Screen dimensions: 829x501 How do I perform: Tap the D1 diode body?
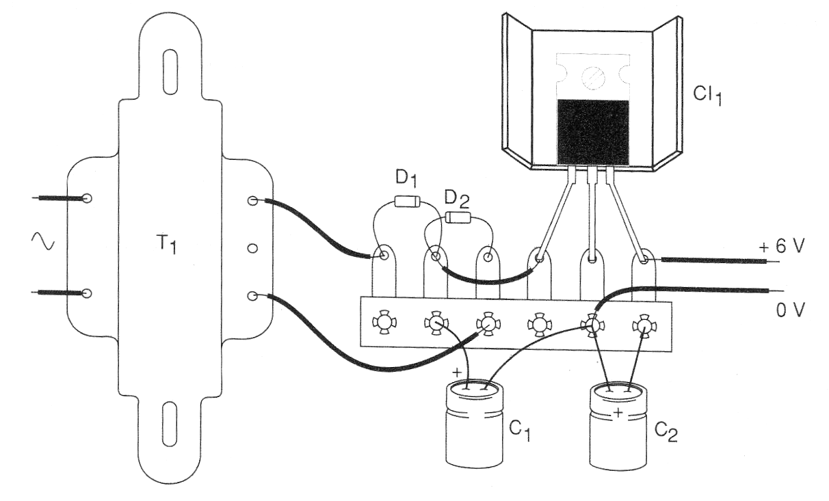tap(408, 202)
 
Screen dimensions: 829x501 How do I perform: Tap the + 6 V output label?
tap(782, 246)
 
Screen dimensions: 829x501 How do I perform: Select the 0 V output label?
tap(791, 310)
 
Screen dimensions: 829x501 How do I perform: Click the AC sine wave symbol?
tap(43, 241)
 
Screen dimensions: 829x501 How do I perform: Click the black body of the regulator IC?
tap(593, 132)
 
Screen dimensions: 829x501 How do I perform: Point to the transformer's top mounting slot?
tap(170, 71)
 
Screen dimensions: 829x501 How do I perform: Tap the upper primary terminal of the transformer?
tap(87, 198)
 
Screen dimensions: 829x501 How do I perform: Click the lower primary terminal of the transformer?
tap(87, 294)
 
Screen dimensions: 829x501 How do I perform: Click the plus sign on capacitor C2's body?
tap(618, 413)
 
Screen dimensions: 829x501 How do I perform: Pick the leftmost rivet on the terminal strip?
tap(384, 323)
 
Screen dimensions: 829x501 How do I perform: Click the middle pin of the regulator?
tap(592, 215)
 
